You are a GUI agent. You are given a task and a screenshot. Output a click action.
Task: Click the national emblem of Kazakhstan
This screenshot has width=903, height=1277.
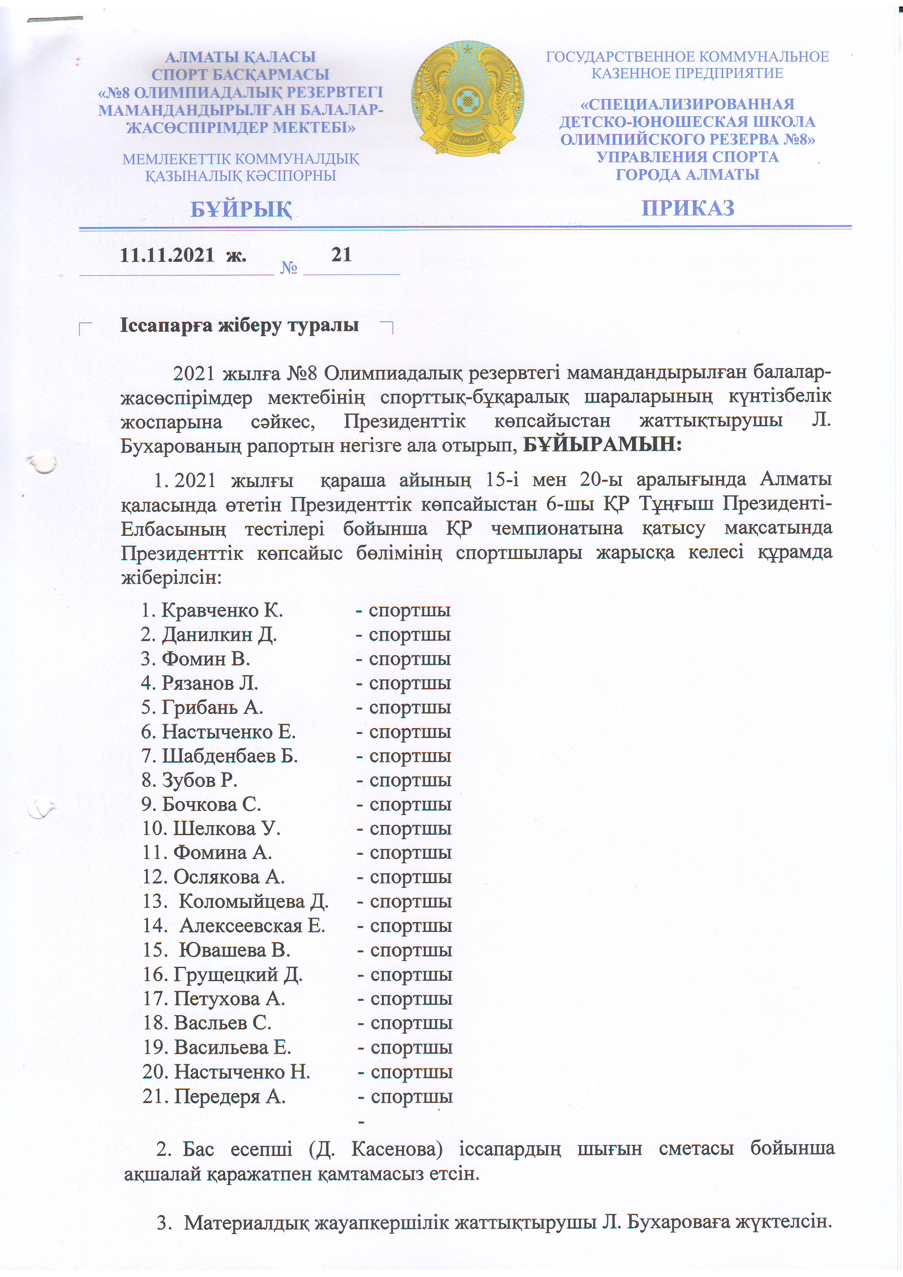(468, 98)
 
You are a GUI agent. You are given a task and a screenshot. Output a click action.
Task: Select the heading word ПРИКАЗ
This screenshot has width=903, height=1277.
(688, 208)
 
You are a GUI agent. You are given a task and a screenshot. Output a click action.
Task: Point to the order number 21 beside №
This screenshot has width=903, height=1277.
(341, 255)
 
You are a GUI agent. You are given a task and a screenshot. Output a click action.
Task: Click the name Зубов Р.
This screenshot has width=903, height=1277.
(199, 780)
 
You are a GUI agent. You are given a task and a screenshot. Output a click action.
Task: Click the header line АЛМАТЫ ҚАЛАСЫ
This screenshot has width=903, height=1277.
(240, 57)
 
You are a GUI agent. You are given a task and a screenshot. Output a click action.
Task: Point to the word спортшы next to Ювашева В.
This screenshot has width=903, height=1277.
(411, 950)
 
